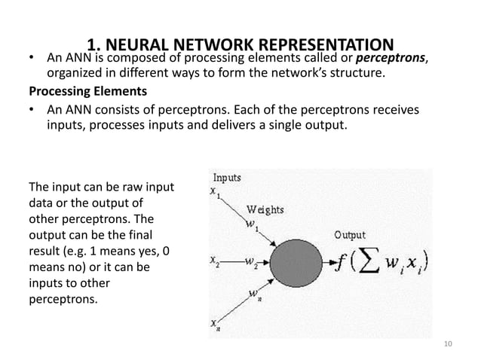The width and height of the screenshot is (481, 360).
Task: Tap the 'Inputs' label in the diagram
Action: pos(226,178)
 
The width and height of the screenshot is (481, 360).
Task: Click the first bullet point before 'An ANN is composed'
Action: pos(32,59)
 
